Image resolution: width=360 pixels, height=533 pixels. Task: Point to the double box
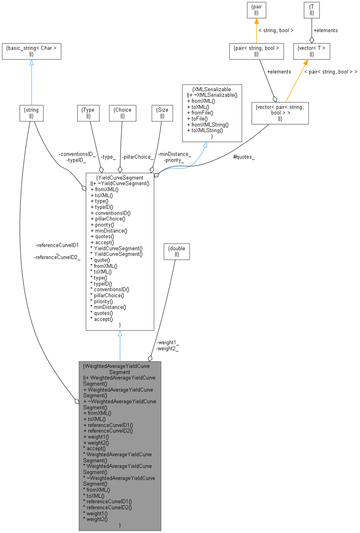pos(177,251)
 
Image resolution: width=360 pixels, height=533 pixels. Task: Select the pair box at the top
pos(256,10)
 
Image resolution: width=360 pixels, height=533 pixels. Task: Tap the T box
pos(312,10)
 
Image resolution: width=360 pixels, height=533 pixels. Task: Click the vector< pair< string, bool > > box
pos(280,113)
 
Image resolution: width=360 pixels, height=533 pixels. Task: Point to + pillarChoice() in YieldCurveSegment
pos(108,219)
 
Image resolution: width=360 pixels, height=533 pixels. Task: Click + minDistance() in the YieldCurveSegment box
pos(109,231)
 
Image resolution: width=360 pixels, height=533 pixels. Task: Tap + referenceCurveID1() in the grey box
pos(108,425)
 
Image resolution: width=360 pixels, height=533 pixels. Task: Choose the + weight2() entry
pos(96,442)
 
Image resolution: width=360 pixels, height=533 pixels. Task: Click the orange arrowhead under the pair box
pos(256,21)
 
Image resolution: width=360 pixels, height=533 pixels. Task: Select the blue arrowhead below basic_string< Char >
pos(31,63)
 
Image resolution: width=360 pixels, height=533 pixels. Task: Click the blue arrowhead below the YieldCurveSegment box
pos(120,334)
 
